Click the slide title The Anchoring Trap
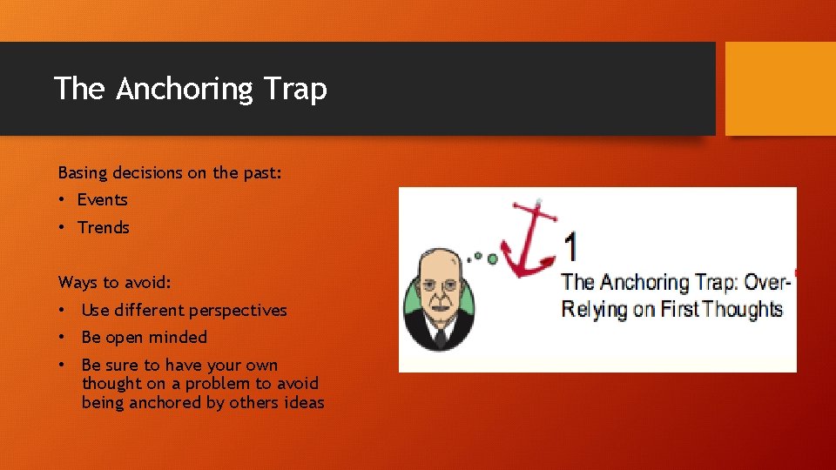pyautogui.click(x=190, y=89)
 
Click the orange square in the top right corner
pyautogui.click(x=779, y=89)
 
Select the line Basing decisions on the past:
pyautogui.click(x=170, y=172)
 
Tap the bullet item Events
pyautogui.click(x=102, y=200)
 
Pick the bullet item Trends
pyautogui.click(x=103, y=228)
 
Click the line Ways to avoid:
pyautogui.click(x=114, y=282)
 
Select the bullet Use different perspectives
pyautogui.click(x=184, y=310)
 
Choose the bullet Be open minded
pyautogui.click(x=144, y=338)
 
